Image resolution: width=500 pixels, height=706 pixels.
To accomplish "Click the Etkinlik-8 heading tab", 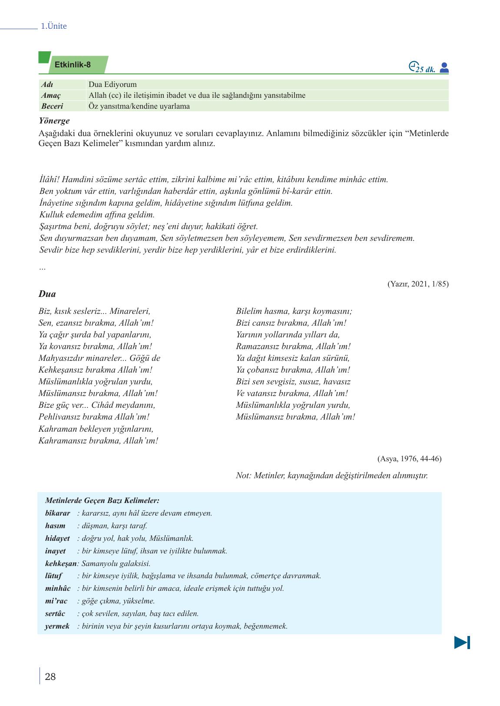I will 73,65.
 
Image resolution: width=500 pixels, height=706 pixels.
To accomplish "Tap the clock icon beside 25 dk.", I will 413,67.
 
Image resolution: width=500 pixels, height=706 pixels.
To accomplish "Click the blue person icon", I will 444,68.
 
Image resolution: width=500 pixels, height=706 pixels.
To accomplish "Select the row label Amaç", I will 51,95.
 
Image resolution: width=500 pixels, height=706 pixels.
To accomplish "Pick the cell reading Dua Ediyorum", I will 113,84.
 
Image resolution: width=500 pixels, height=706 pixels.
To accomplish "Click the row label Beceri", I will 52,106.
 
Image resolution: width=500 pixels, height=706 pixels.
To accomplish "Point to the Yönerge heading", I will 54,121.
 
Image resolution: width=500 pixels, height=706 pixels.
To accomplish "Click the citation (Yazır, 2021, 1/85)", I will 417,284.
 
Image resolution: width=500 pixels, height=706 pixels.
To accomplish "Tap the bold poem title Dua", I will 47,294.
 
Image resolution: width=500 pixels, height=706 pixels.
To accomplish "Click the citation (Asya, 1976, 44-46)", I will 409,459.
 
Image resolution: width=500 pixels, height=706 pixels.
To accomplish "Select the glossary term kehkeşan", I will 60,563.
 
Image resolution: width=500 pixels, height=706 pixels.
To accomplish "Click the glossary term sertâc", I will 55,613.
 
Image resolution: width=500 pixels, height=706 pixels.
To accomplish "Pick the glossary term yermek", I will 57,626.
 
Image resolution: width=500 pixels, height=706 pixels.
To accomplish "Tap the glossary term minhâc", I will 58,588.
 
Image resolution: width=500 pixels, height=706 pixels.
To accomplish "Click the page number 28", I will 50,676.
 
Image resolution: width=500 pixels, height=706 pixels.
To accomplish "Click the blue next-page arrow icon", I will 462,642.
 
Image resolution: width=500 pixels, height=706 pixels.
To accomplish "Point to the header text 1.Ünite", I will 53,26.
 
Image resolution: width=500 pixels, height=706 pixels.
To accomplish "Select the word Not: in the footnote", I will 244,475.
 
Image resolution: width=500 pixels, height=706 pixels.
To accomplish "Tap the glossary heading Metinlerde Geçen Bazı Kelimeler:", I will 102,500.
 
